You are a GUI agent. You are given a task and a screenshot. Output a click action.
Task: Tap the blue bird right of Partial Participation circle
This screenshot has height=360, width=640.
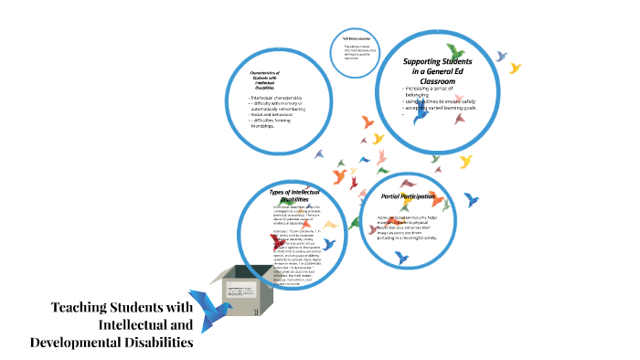click(472, 198)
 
